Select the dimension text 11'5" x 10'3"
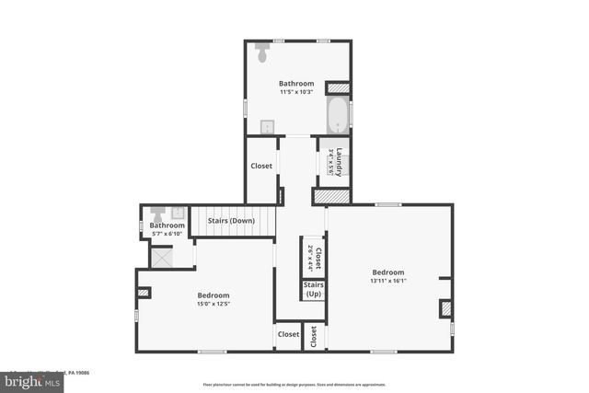pyautogui.click(x=297, y=92)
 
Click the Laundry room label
pyautogui.click(x=339, y=158)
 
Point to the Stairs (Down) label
pyautogui.click(x=231, y=221)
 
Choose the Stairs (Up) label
pyautogui.click(x=313, y=289)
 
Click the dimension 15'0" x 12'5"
pyautogui.click(x=213, y=304)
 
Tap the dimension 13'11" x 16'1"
pyautogui.click(x=387, y=282)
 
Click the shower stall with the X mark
pyautogui.click(x=162, y=259)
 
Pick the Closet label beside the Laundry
pyautogui.click(x=261, y=167)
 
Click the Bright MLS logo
pyautogui.click(x=29, y=379)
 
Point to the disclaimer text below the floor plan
pyautogui.click(x=294, y=384)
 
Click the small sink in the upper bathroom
pyautogui.click(x=267, y=127)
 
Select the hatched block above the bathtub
pyautogui.click(x=339, y=88)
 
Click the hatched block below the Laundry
pyautogui.click(x=330, y=197)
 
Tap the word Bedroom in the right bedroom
pyautogui.click(x=387, y=272)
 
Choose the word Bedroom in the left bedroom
pyautogui.click(x=213, y=295)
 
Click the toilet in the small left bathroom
pyautogui.click(x=156, y=214)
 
